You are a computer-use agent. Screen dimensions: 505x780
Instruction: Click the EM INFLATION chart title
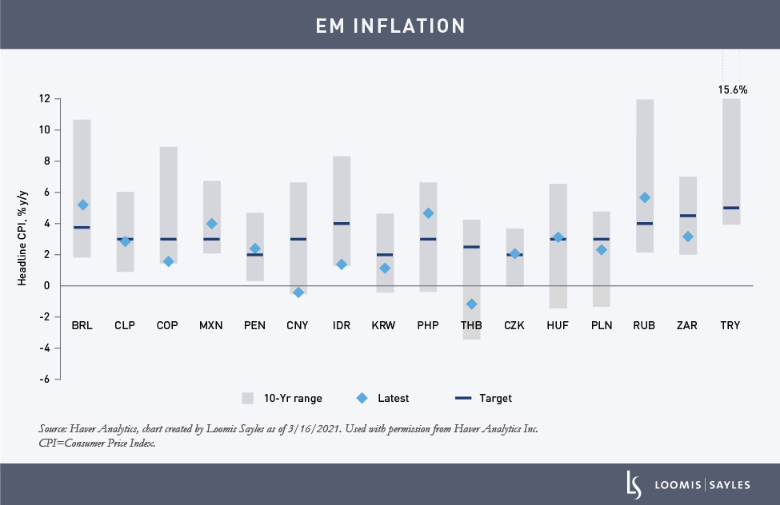pyautogui.click(x=390, y=26)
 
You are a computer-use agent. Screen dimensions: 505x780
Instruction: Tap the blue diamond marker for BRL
pyautogui.click(x=82, y=205)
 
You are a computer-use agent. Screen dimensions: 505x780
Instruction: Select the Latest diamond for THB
pyautogui.click(x=471, y=304)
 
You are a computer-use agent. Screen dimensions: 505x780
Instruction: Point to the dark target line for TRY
pyautogui.click(x=730, y=208)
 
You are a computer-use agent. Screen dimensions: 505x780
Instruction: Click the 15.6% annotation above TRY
pyautogui.click(x=732, y=90)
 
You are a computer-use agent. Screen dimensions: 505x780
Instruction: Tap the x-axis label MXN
pyautogui.click(x=211, y=326)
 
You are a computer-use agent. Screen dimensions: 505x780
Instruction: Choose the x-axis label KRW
pyautogui.click(x=384, y=326)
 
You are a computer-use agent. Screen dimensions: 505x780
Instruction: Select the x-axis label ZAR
pyautogui.click(x=687, y=326)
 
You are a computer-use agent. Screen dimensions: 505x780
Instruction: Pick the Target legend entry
pyautogui.click(x=483, y=398)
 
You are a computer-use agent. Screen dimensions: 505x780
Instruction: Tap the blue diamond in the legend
pyautogui.click(x=362, y=398)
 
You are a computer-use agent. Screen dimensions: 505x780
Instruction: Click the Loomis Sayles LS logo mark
pyautogui.click(x=633, y=484)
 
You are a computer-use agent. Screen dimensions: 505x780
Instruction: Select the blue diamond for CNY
pyautogui.click(x=298, y=292)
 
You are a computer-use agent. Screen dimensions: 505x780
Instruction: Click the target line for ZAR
pyautogui.click(x=687, y=216)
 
